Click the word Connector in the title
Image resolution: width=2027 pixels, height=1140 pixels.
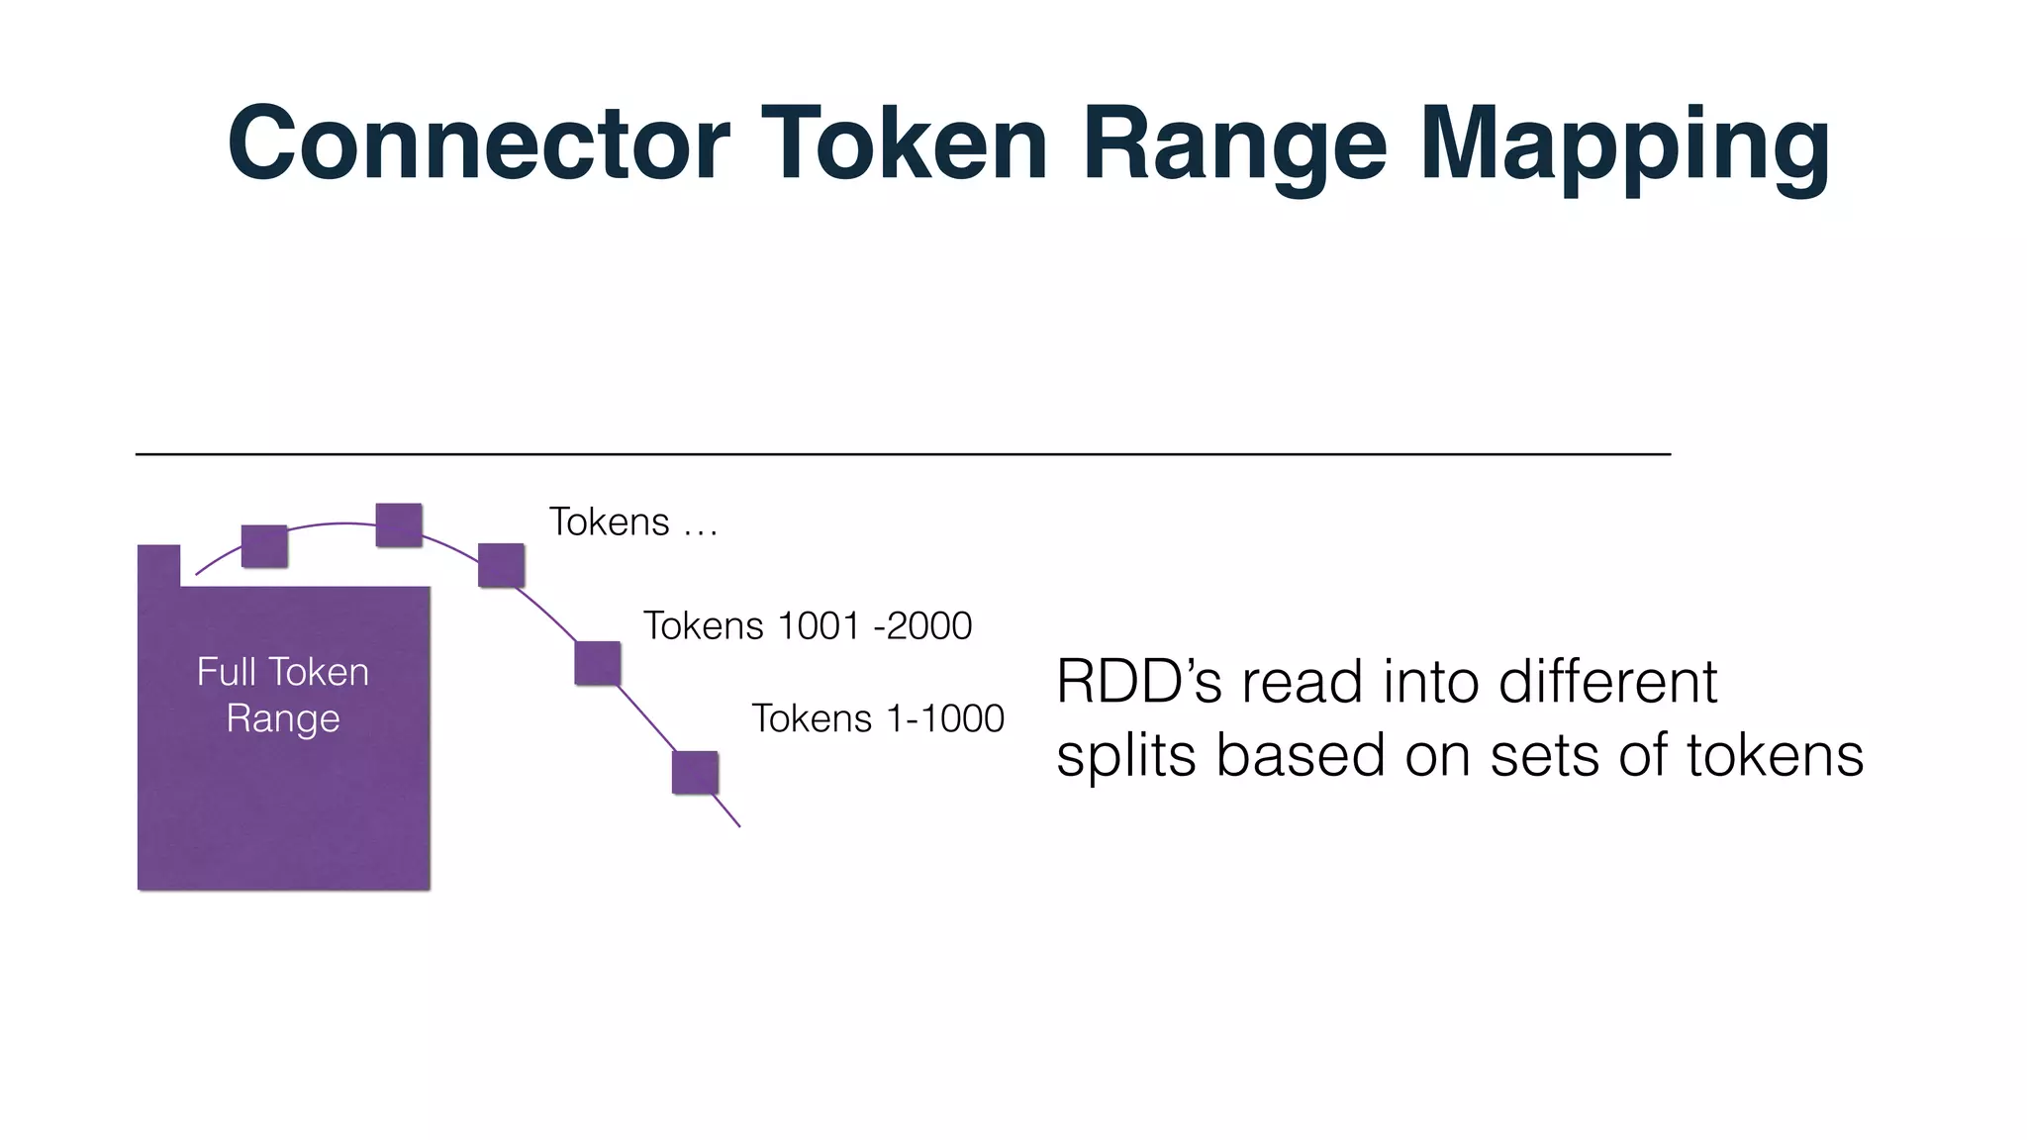pyautogui.click(x=478, y=144)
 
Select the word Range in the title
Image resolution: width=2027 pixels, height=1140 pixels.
pyautogui.click(x=1234, y=144)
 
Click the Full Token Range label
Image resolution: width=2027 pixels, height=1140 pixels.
pyautogui.click(x=283, y=695)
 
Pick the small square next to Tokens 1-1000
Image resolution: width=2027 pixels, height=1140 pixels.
pyautogui.click(x=695, y=773)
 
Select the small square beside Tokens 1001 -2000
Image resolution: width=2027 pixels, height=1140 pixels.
pyautogui.click(x=598, y=663)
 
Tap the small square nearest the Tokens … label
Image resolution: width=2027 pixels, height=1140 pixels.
pyautogui.click(x=502, y=565)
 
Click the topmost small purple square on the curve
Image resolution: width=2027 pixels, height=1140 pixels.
pyautogui.click(x=399, y=525)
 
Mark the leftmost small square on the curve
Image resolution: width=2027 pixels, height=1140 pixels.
pyautogui.click(x=264, y=546)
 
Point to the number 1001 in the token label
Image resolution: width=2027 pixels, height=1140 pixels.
pyautogui.click(x=819, y=626)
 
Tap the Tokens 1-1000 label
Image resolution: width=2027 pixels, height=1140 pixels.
pyautogui.click(x=877, y=718)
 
